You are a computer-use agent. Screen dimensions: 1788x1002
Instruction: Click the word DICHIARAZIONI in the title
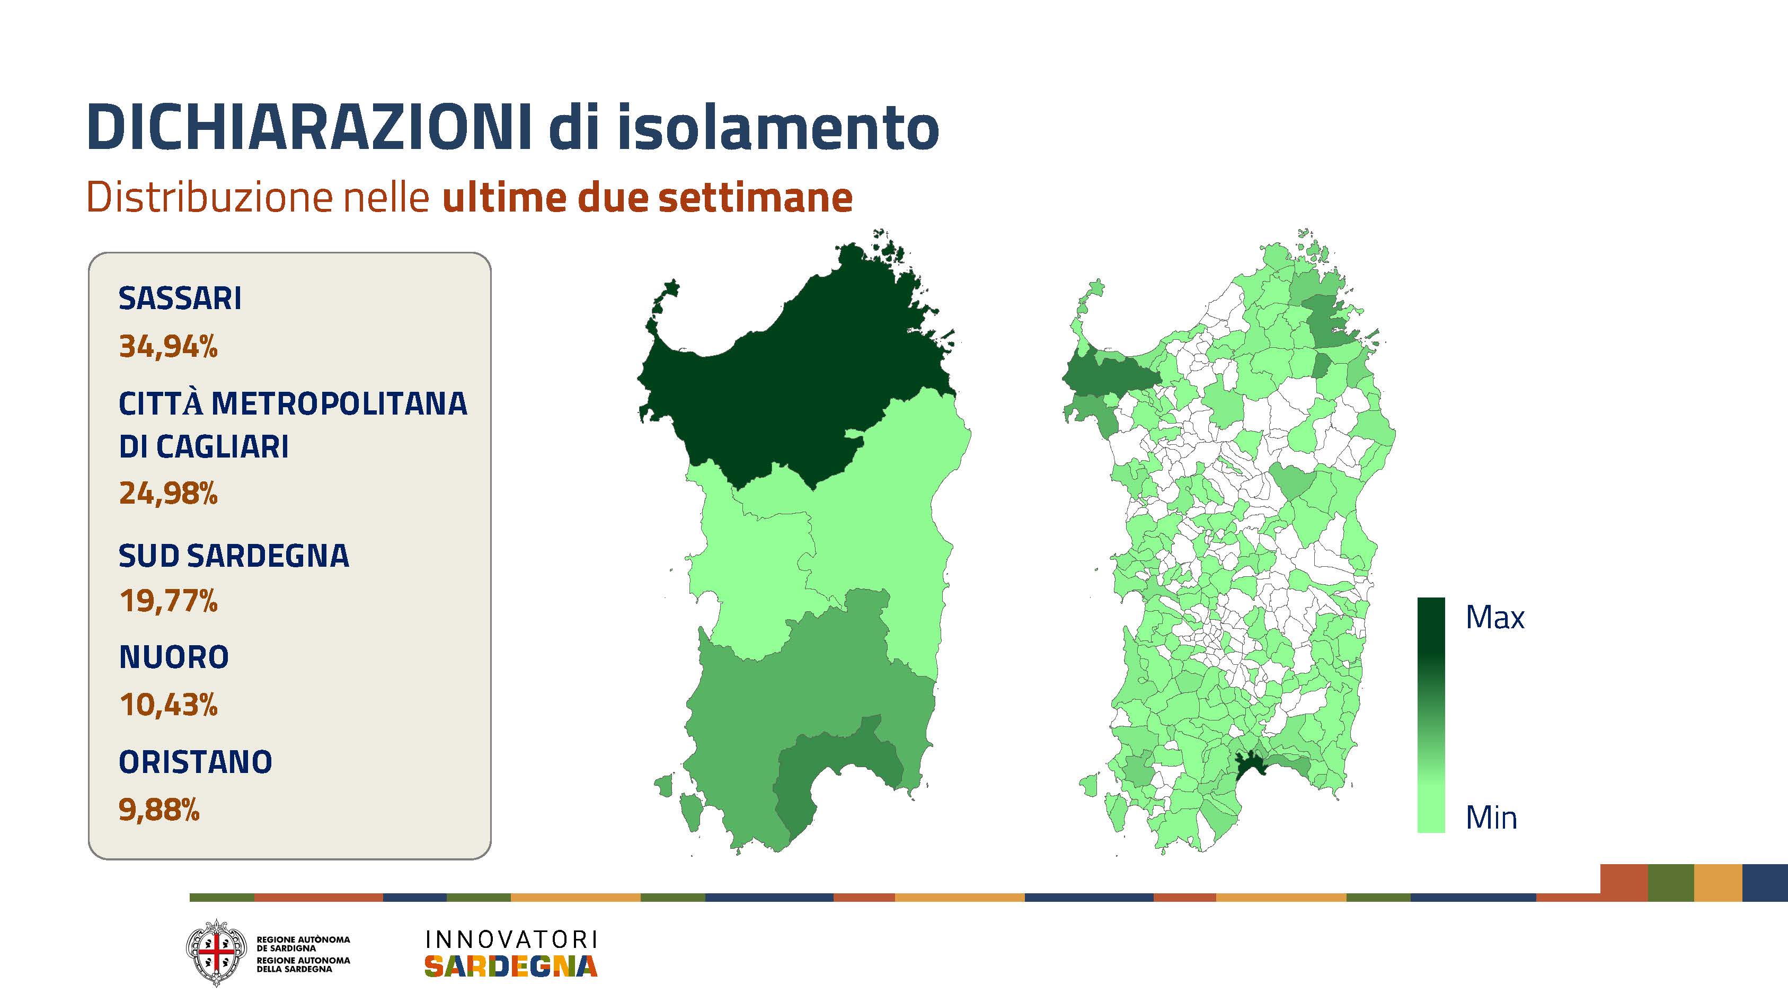(x=309, y=127)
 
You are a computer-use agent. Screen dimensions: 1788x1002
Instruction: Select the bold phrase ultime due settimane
(x=647, y=198)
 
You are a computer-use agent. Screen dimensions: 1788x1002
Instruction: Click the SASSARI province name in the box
(x=180, y=298)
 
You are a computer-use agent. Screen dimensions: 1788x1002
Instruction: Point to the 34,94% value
(x=168, y=346)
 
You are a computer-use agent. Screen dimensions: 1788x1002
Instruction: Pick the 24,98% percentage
(x=168, y=493)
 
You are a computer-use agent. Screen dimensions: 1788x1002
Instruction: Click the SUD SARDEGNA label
(x=234, y=556)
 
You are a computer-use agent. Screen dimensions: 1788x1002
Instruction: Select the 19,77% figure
(x=168, y=601)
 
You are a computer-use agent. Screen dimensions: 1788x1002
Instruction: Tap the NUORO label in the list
(x=173, y=657)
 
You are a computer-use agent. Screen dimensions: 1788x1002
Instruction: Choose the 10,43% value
(x=168, y=705)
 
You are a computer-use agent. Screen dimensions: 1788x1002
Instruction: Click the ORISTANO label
(x=195, y=762)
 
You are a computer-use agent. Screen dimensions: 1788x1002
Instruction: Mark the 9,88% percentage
(x=159, y=810)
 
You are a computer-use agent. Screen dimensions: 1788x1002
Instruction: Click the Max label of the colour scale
(x=1495, y=617)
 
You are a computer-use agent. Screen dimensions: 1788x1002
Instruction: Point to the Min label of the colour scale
(x=1491, y=818)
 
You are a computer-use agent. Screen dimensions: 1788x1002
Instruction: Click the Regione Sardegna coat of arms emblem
(x=216, y=953)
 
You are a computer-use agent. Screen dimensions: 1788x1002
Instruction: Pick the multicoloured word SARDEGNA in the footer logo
(x=511, y=966)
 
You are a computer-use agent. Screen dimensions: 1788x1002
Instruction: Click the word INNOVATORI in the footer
(x=511, y=939)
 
